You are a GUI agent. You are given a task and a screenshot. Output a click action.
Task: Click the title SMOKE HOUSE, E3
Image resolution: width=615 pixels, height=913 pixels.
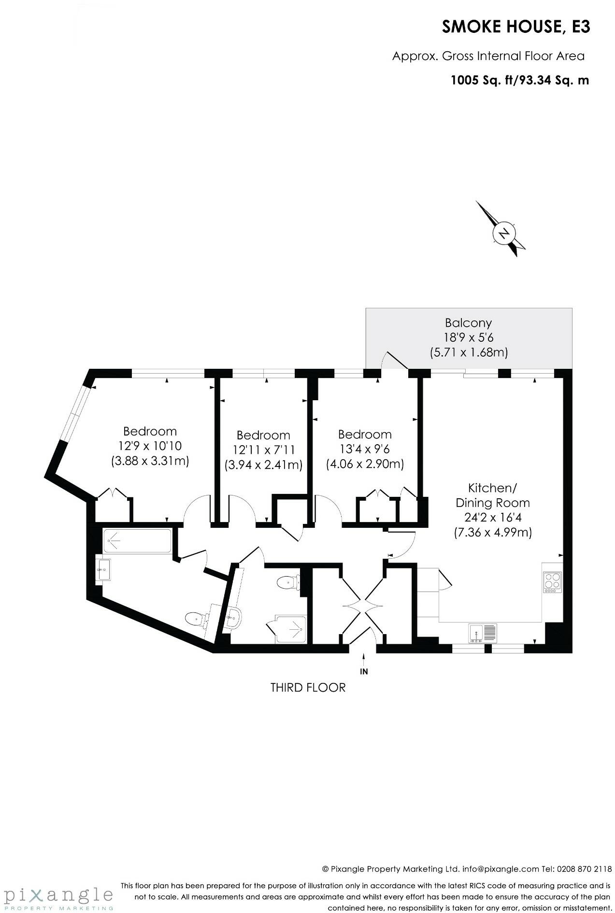tap(515, 27)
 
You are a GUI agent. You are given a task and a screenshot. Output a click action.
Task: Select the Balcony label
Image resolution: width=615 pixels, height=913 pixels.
tap(468, 322)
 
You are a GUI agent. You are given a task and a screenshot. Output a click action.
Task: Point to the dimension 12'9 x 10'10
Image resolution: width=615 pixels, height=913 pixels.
tap(150, 446)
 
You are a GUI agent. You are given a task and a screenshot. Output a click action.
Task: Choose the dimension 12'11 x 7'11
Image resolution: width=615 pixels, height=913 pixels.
tap(263, 450)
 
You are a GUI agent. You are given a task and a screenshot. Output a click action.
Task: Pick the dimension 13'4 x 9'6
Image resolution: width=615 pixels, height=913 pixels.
tap(365, 449)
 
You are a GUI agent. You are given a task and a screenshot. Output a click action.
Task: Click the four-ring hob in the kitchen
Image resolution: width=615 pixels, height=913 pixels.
tap(552, 582)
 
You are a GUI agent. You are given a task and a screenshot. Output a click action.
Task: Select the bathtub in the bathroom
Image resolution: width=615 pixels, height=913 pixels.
tap(137, 541)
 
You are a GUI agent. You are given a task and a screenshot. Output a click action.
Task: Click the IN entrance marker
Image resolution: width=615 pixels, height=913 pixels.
tap(364, 671)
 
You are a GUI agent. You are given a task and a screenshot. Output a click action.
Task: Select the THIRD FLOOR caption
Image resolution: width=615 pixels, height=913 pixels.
tap(308, 687)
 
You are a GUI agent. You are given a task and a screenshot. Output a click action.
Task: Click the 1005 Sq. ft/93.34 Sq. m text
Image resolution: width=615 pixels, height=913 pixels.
tap(519, 80)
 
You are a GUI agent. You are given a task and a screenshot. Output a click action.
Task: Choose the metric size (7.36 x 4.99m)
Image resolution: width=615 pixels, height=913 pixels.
tap(493, 533)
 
